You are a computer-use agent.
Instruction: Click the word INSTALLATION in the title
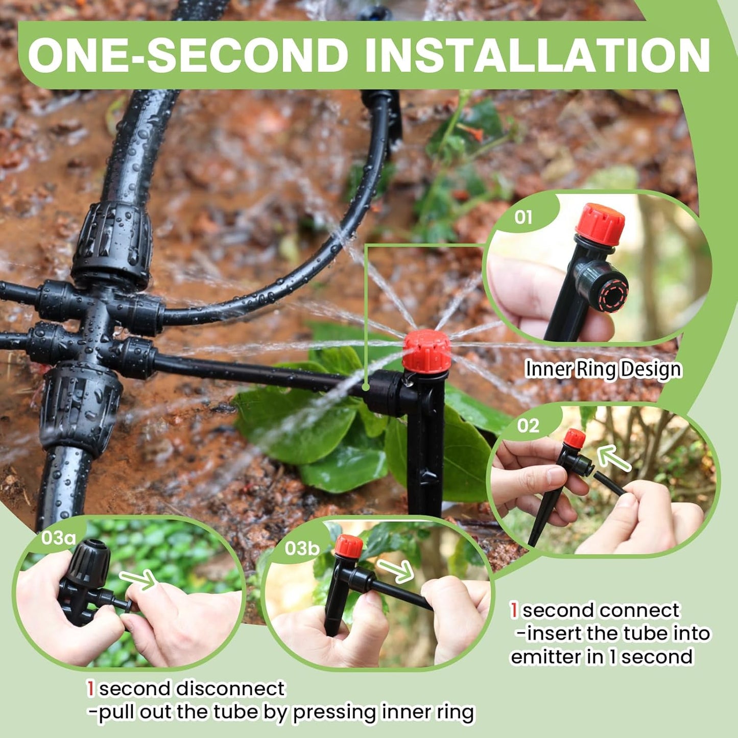537,55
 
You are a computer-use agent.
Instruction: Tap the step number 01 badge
523,217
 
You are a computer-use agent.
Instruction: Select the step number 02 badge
528,425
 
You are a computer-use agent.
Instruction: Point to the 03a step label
58,538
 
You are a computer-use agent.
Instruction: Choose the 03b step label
302,548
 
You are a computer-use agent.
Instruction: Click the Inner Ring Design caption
603,369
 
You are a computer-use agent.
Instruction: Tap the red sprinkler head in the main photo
426,351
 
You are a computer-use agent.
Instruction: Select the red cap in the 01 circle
600,224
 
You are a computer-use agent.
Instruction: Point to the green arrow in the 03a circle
138,579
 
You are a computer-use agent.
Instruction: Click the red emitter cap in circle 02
575,438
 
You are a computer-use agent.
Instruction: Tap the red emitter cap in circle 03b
349,546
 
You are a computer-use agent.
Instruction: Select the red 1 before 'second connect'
514,610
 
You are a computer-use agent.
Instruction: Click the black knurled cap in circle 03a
88,563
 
